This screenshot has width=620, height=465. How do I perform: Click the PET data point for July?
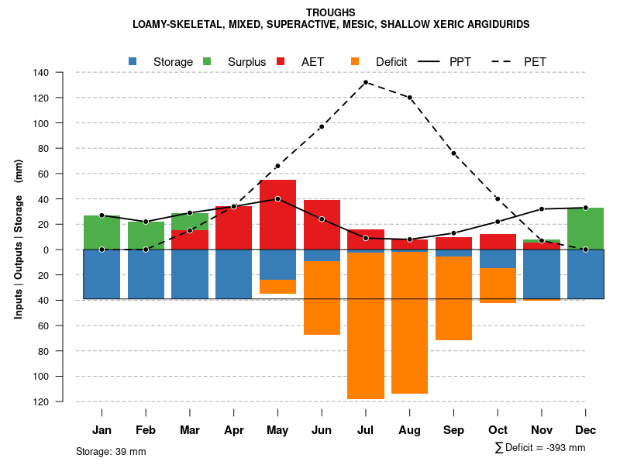[x=366, y=82]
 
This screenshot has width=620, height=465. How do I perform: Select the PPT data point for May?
[x=277, y=199]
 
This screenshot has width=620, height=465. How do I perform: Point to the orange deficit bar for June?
[x=322, y=298]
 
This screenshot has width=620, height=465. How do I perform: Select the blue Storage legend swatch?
[x=133, y=61]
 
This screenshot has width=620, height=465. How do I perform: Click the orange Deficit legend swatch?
[x=356, y=61]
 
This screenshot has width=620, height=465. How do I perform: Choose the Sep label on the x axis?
[x=453, y=430]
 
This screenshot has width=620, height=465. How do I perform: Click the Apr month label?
[x=234, y=430]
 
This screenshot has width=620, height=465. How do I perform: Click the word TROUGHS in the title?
[x=331, y=12]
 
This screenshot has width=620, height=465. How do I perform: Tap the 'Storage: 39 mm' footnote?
[x=111, y=451]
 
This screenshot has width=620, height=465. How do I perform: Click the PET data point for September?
[x=453, y=153]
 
